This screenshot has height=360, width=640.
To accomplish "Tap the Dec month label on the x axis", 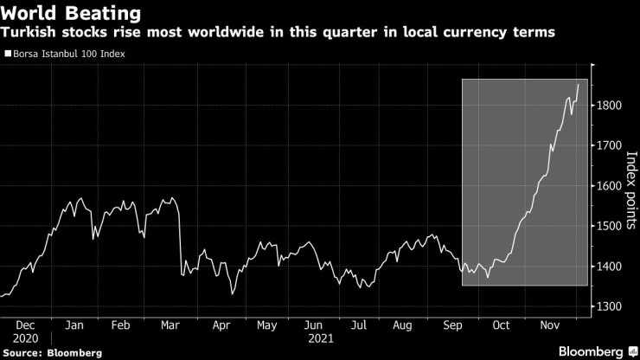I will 26,325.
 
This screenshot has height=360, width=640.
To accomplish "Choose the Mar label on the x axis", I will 170,325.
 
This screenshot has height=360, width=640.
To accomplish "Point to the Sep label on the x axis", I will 451,325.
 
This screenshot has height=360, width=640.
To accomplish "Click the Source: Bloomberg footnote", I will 52,353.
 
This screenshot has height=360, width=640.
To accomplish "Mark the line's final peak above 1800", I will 578,84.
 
